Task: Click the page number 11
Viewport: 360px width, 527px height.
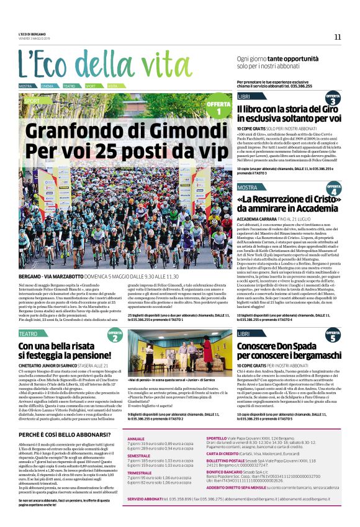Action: coord(338,37)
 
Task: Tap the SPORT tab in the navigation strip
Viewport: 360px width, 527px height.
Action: coord(90,86)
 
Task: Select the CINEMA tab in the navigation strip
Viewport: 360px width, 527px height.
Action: coord(47,86)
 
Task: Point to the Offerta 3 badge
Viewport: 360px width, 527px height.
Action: coord(333,99)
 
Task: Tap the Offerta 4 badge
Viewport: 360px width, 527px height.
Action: coord(333,189)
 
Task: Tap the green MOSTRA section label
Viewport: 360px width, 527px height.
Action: coord(247,187)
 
